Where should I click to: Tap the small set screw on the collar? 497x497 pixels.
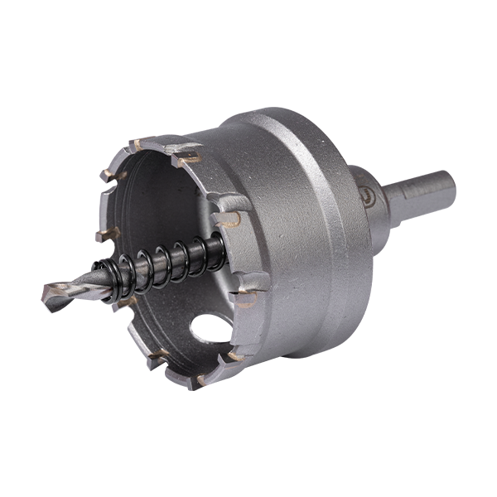point(363,188)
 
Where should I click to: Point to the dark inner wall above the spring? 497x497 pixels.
point(166,199)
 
